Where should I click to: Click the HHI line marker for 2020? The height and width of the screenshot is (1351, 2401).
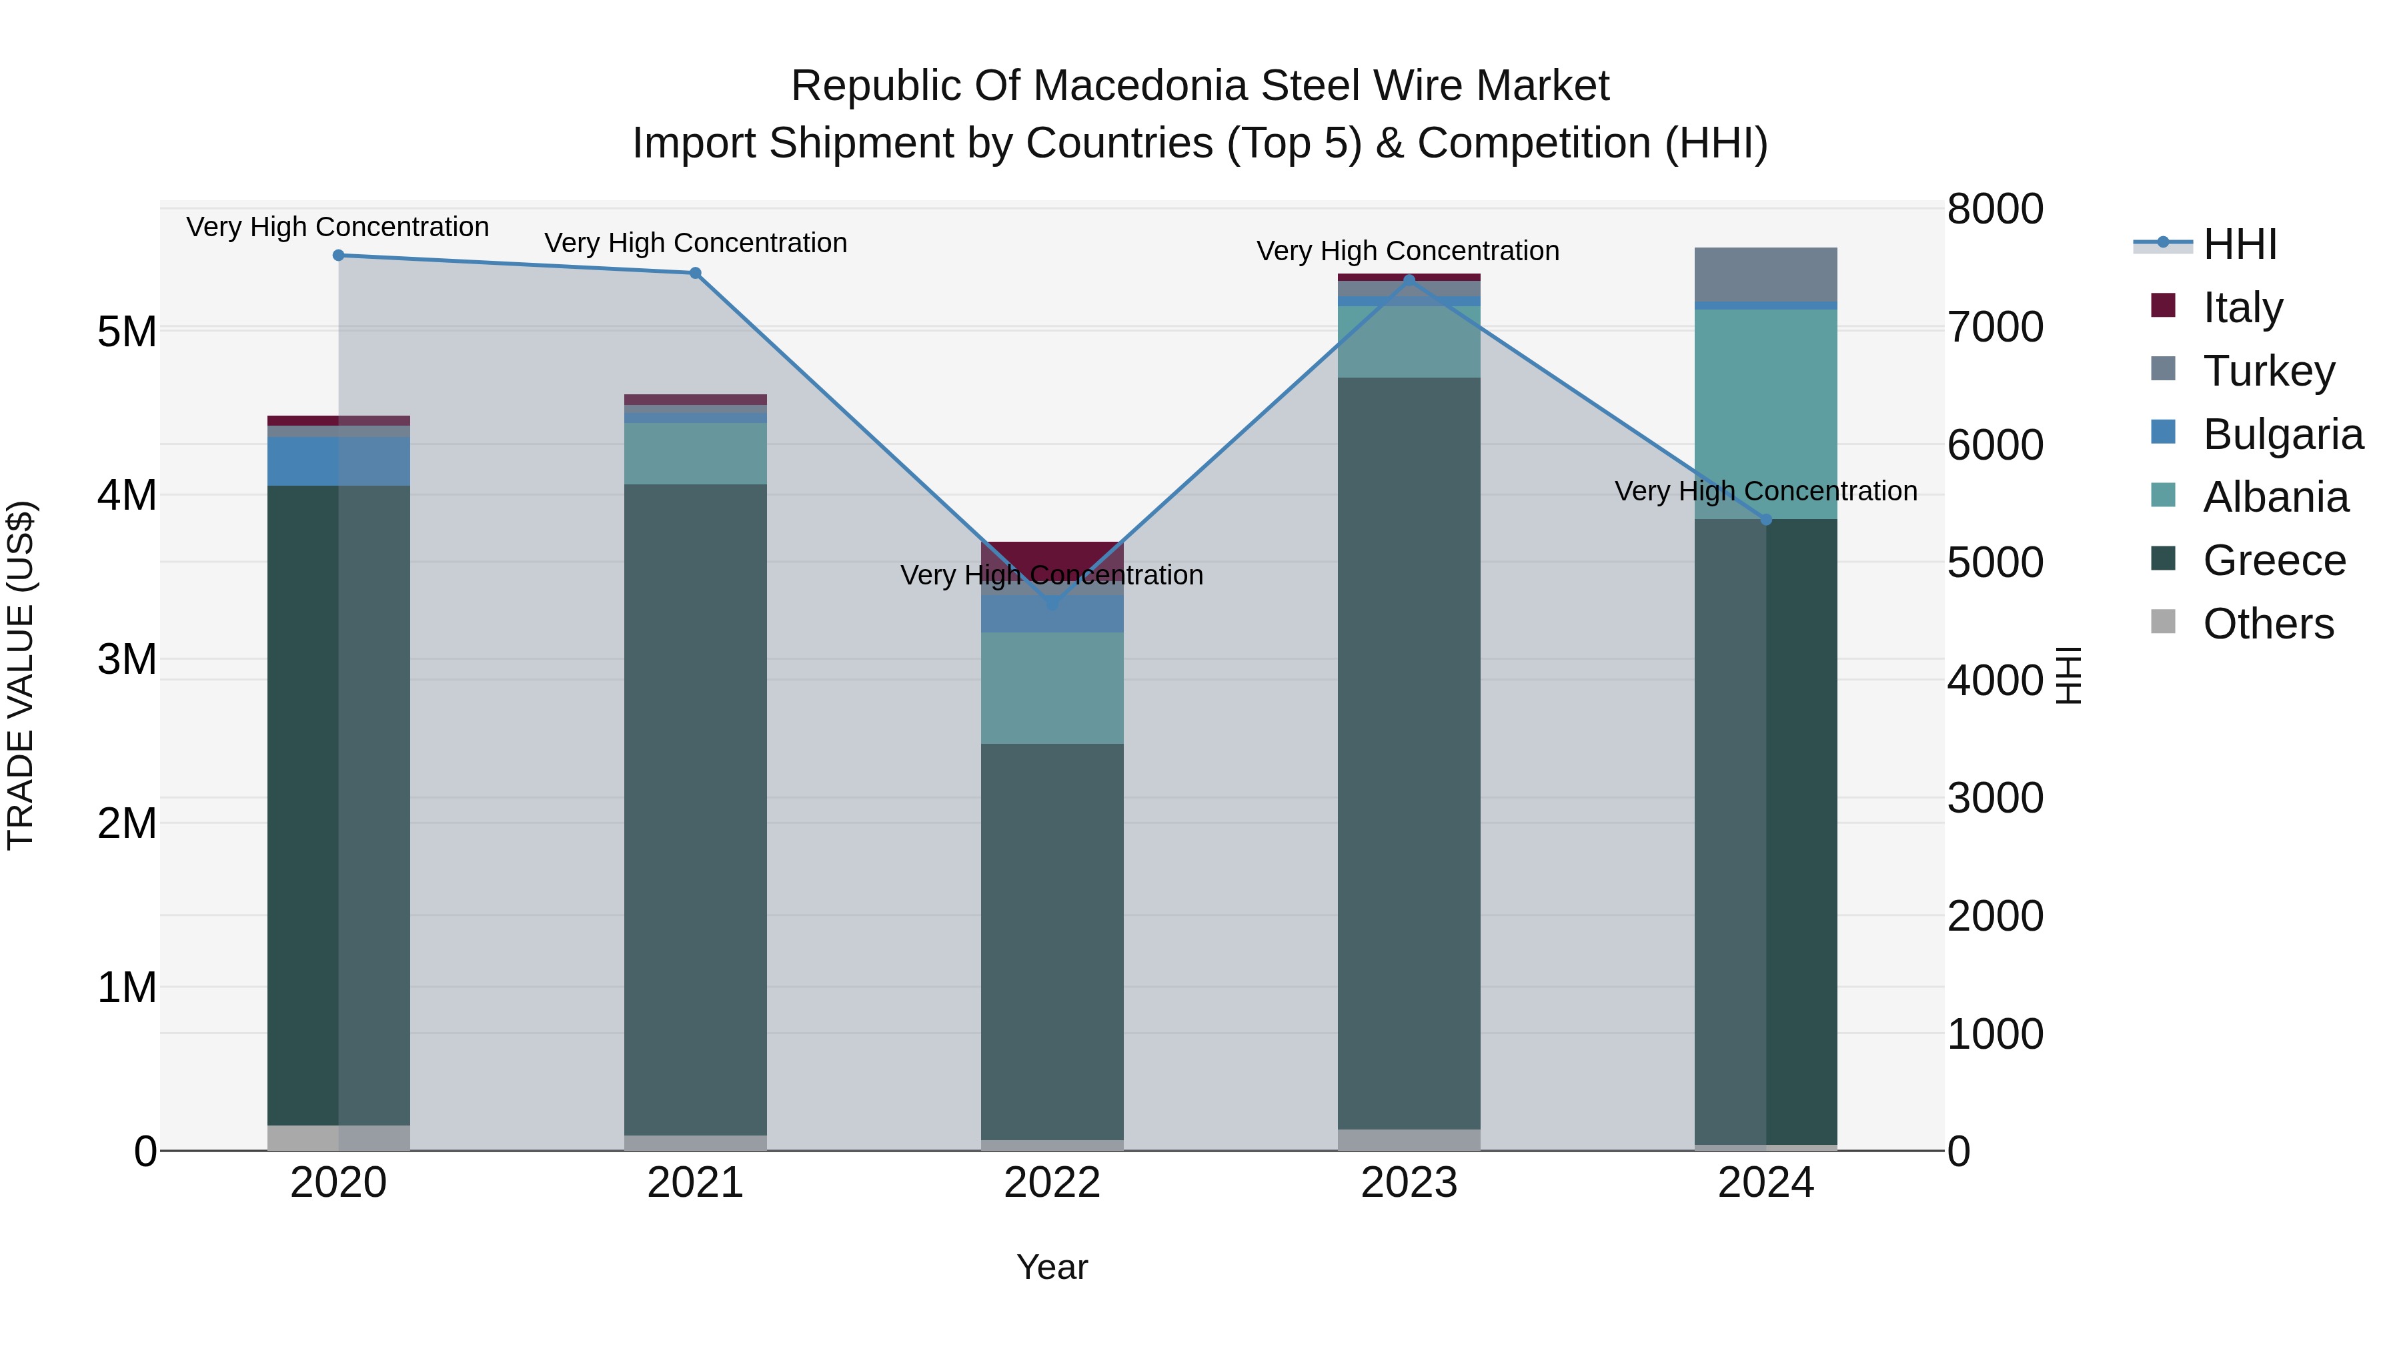[x=338, y=256]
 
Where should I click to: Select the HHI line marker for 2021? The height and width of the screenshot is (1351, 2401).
[x=696, y=273]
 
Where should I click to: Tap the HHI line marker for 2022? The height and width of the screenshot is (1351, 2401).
[x=1052, y=605]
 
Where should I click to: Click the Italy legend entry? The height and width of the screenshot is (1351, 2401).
[x=2242, y=308]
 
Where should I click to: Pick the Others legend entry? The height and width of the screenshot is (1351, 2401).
[x=2267, y=624]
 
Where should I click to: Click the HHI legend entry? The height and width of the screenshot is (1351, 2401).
[x=2239, y=244]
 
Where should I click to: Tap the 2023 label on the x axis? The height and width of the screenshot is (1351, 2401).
[x=1409, y=1183]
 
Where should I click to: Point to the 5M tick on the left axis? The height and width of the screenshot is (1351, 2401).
[x=127, y=331]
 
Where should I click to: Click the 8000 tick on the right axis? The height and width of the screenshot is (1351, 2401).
[x=1995, y=209]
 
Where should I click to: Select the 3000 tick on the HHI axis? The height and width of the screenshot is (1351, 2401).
[x=1995, y=798]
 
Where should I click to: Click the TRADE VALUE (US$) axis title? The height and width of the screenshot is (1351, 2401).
[x=21, y=675]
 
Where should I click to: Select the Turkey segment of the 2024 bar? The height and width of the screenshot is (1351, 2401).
[x=1765, y=275]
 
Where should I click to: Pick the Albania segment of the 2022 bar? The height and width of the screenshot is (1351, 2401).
[x=1052, y=688]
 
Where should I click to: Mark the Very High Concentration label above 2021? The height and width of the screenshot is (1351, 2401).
[x=696, y=244]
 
